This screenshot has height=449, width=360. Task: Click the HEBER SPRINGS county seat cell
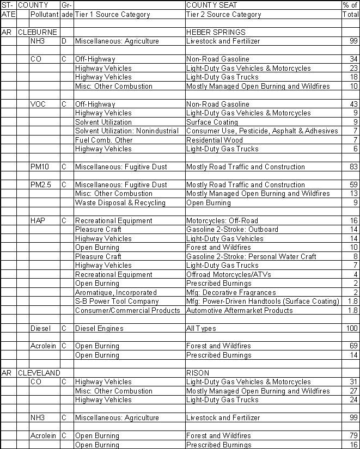pyautogui.click(x=216, y=33)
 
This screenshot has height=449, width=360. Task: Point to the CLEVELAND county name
pyautogui.click(x=39, y=373)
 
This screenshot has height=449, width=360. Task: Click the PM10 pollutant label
pyautogui.click(x=40, y=167)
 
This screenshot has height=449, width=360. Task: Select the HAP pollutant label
pyautogui.click(x=38, y=220)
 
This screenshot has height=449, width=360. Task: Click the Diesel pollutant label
pyautogui.click(x=40, y=328)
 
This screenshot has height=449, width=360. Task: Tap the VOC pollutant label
pyautogui.click(x=38, y=104)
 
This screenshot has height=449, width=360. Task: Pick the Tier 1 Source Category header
pyautogui.click(x=112, y=14)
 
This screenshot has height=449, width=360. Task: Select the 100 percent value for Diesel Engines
pyautogui.click(x=352, y=328)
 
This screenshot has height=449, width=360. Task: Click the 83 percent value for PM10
pyautogui.click(x=353, y=167)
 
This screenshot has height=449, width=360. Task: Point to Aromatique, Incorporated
pyautogui.click(x=115, y=292)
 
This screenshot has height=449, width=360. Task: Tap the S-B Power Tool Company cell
pyautogui.click(x=117, y=301)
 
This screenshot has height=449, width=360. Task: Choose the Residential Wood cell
pyautogui.click(x=212, y=140)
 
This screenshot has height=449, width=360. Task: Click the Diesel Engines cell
pyautogui.click(x=99, y=328)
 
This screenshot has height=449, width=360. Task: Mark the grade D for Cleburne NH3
pyautogui.click(x=64, y=41)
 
